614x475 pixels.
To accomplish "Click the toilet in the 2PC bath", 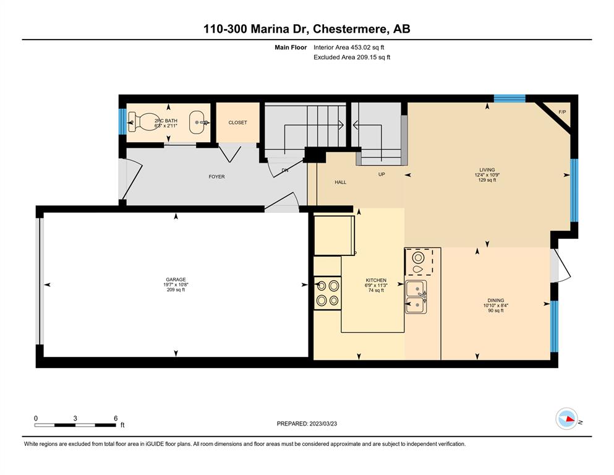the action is [142, 122].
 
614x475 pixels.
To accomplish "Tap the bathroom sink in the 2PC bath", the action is [199, 122].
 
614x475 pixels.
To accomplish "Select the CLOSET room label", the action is [237, 122].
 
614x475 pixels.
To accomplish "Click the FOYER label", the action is [216, 177].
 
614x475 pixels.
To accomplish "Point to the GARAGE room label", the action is [176, 280].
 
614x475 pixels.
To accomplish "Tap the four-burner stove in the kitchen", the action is [328, 293].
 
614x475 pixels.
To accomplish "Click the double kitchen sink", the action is [416, 297].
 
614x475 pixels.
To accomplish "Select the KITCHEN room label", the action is [376, 280].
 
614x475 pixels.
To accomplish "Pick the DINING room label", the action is [496, 301].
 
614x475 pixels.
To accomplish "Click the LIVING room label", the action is [487, 170].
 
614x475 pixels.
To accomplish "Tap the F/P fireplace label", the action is [562, 112].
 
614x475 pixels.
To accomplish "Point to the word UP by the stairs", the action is [382, 174].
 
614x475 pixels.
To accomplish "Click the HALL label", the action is [340, 182].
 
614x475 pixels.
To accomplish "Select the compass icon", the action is [566, 419].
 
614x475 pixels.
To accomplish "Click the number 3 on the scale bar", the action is [75, 418].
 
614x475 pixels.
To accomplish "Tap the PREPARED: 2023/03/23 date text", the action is [307, 424].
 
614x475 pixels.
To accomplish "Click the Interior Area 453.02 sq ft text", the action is [349, 48].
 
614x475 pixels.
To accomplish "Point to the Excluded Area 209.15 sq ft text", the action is [352, 57].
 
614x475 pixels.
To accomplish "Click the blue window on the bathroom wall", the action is [122, 121].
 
